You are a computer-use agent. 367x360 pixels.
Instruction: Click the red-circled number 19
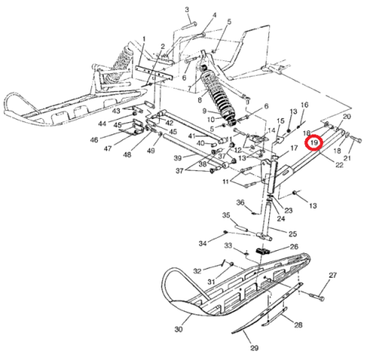pos(313,142)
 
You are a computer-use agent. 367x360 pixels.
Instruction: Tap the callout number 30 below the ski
pos(179,329)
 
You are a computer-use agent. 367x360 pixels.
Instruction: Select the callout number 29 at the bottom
pos(254,348)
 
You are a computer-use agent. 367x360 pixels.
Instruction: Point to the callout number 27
pos(333,275)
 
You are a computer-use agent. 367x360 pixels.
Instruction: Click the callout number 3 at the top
pos(187,10)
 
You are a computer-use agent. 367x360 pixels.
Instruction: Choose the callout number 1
pos(144,39)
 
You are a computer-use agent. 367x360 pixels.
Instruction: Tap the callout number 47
pos(108,148)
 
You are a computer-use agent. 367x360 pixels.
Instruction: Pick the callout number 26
pos(294,247)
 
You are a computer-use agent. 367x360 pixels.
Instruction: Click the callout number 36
pos(241,203)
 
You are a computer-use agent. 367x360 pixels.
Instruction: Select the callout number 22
pos(339,165)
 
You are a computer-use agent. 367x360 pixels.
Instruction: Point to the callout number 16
pos(305,105)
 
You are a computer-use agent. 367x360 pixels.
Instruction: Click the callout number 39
pos(178,158)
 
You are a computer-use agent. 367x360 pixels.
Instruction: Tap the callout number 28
pos(298,324)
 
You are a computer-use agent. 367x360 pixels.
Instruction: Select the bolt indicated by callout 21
pos(356,139)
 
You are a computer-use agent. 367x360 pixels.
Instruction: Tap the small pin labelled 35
pos(239,226)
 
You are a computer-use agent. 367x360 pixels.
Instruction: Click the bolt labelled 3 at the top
pos(188,26)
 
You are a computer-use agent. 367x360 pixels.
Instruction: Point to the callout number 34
pos(203,244)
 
